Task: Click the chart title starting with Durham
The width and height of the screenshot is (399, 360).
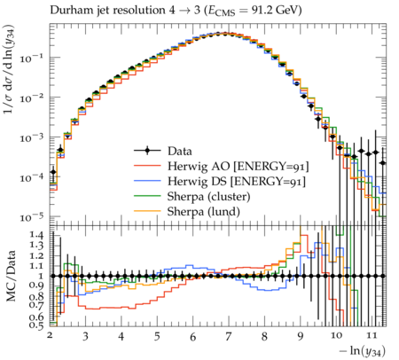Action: (176, 11)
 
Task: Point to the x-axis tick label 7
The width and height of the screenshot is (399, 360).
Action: (228, 336)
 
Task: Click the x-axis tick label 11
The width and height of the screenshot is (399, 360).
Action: (372, 335)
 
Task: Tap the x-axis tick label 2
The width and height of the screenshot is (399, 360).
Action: (50, 335)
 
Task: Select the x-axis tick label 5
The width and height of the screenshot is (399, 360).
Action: (157, 336)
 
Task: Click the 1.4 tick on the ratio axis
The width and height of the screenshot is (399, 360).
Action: (37, 235)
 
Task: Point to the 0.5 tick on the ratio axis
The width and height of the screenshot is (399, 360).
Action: (37, 325)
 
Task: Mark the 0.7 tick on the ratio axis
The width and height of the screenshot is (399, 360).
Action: (37, 304)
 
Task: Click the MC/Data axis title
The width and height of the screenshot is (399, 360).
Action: (11, 276)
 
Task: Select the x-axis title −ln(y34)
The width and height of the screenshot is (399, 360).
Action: (363, 351)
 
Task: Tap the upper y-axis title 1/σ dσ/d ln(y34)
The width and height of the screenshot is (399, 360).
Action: (9, 69)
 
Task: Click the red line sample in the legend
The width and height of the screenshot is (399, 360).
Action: (147, 166)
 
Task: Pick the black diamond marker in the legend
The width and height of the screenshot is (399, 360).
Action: (147, 151)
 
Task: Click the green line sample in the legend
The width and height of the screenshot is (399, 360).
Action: (147, 196)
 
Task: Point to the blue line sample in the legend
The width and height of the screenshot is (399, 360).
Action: (147, 181)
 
